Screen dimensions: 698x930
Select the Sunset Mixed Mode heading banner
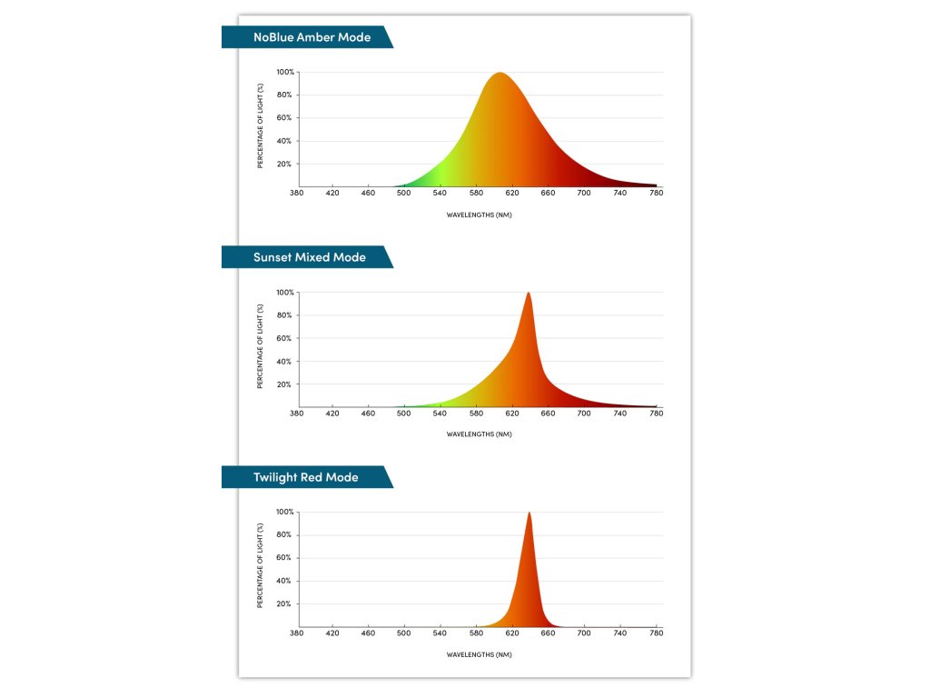pos(309,257)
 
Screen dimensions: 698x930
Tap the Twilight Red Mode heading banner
pos(305,477)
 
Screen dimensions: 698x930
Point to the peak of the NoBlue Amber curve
pos(500,74)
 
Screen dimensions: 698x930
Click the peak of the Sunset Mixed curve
pos(529,294)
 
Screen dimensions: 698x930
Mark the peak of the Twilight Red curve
pos(529,514)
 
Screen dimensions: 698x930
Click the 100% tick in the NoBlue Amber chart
pos(285,72)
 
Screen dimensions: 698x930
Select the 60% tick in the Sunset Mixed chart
pos(286,338)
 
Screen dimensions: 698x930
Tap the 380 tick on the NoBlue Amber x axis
pos(296,193)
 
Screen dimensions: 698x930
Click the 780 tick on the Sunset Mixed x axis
pos(657,413)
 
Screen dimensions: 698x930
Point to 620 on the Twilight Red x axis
pos(512,633)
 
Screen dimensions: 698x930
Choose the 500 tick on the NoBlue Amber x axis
pos(404,193)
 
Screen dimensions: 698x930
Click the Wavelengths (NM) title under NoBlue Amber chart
pos(480,214)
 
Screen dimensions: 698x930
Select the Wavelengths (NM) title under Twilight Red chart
pos(480,654)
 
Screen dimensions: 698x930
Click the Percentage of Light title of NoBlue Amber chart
pos(261,126)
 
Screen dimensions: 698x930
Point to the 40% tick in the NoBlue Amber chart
pos(286,141)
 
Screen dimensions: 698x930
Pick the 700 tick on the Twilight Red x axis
pos(584,633)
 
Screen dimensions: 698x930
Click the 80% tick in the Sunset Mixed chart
pos(286,315)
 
